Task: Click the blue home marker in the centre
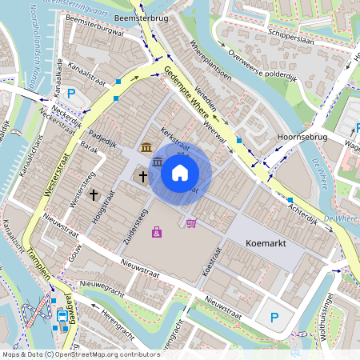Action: pyautogui.click(x=180, y=172)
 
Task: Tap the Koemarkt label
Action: pyautogui.click(x=250, y=239)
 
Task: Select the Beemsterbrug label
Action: pyautogui.click(x=134, y=16)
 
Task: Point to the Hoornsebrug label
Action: pyautogui.click(x=297, y=138)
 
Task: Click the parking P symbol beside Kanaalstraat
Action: pyautogui.click(x=71, y=94)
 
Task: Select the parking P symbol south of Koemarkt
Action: pyautogui.click(x=274, y=318)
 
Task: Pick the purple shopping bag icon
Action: pyautogui.click(x=157, y=232)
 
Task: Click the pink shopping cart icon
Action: pyautogui.click(x=190, y=222)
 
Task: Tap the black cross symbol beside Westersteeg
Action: pyautogui.click(x=94, y=194)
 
